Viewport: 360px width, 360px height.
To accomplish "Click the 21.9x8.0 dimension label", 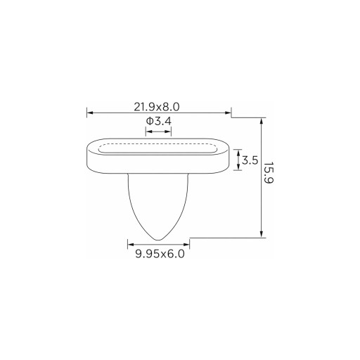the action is tap(157, 107).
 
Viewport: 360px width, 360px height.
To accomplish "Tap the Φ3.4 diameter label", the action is tap(159, 121).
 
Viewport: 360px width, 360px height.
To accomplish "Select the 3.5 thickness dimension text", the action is tap(250, 160).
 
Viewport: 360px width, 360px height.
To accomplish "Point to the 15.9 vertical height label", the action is tap(269, 173).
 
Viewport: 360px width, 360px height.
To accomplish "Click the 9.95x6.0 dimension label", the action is tap(160, 254).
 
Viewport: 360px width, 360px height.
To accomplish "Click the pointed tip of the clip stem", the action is tap(158, 240).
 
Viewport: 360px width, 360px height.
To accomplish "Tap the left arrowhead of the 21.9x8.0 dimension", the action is tap(90, 112).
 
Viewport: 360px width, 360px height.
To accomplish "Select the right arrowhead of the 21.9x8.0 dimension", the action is tap(228, 112).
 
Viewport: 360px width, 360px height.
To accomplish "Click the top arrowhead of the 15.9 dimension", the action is tap(262, 121).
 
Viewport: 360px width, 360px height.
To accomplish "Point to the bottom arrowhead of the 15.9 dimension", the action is tap(262, 234).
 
